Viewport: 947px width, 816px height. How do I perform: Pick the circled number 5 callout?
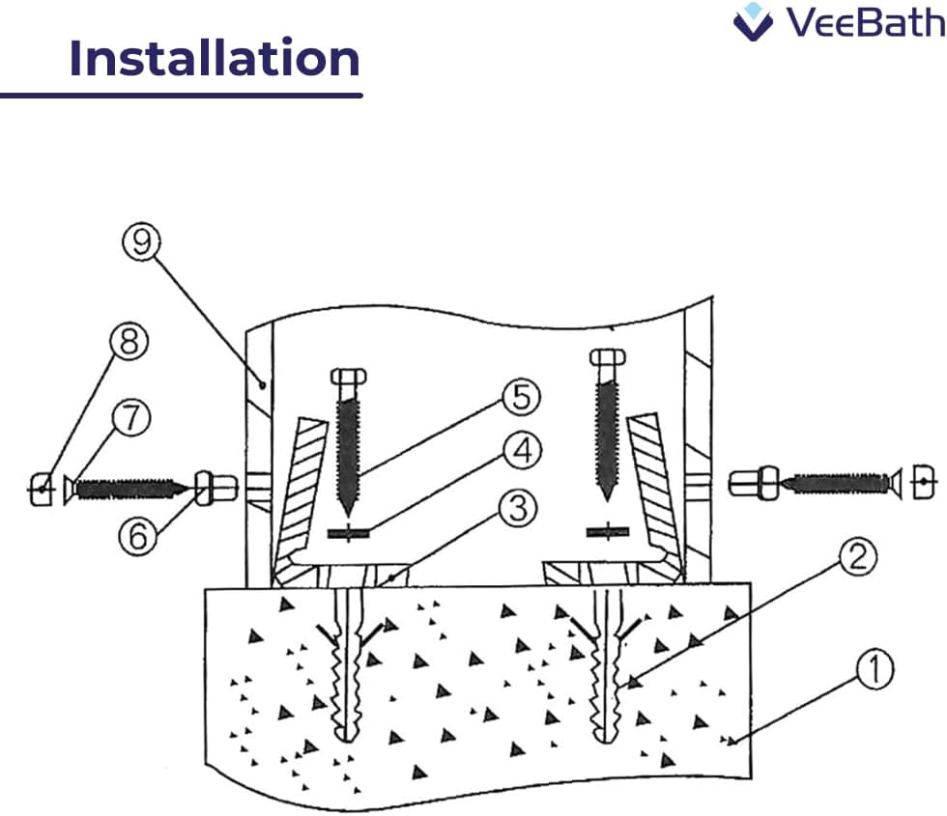point(521,397)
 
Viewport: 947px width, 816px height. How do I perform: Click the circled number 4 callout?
point(521,451)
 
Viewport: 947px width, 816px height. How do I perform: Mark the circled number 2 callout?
point(859,558)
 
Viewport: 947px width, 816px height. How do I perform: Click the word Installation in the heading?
point(215,60)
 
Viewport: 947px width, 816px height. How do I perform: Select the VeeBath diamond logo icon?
point(754,21)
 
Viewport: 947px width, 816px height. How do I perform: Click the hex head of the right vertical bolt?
point(607,360)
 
